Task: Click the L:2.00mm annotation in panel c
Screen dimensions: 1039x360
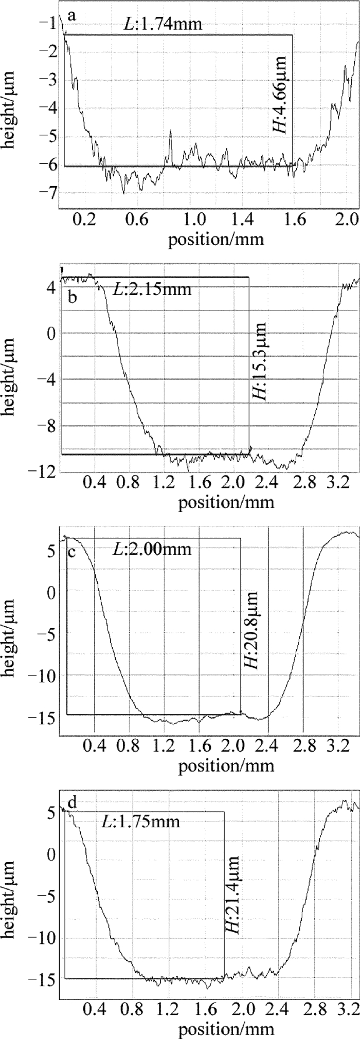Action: pos(151,549)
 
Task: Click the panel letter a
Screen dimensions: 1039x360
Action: pos(71,16)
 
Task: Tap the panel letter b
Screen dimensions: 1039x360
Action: pos(73,297)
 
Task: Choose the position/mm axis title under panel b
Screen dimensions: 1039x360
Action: pos(226,503)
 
